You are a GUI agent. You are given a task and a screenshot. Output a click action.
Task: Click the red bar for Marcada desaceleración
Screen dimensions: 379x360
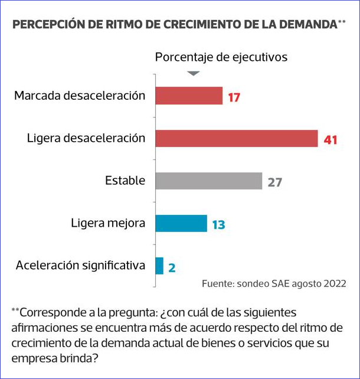[x=189, y=96]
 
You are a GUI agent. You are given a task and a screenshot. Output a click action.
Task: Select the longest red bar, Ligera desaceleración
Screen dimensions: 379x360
[x=237, y=138]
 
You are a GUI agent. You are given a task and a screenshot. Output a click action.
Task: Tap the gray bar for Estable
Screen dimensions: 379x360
[x=208, y=181]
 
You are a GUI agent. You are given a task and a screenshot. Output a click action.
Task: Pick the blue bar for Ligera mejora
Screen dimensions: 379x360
[x=181, y=223]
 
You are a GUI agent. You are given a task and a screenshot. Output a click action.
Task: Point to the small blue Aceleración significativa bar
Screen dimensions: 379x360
[x=159, y=266]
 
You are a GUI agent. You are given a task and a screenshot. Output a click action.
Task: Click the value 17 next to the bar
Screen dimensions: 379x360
[x=234, y=97]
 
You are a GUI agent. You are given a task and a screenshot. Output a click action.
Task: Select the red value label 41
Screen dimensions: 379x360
[x=330, y=139]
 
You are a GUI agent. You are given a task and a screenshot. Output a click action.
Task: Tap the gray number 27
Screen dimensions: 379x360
[x=274, y=182]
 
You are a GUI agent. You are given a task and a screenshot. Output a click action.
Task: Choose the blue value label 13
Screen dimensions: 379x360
[x=218, y=224]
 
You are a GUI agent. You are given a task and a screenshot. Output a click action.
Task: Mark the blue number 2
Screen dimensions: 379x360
[x=172, y=267]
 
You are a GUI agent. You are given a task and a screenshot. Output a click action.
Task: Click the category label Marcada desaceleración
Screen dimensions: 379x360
[x=80, y=95]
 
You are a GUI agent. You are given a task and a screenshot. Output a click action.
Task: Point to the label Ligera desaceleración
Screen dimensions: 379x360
[x=86, y=138]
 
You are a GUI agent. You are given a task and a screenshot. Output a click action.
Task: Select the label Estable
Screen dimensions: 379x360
[x=125, y=181]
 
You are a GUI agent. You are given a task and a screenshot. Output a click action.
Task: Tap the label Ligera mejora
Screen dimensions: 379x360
[x=108, y=223]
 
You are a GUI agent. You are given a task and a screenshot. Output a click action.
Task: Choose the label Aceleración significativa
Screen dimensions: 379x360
[x=80, y=266]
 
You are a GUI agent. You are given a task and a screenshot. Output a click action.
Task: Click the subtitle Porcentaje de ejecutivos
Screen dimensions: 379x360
[x=221, y=57]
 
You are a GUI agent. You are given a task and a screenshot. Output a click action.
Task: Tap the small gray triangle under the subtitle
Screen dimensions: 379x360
[x=194, y=73]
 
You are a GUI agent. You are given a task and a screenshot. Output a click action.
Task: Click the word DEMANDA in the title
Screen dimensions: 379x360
[x=305, y=24]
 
